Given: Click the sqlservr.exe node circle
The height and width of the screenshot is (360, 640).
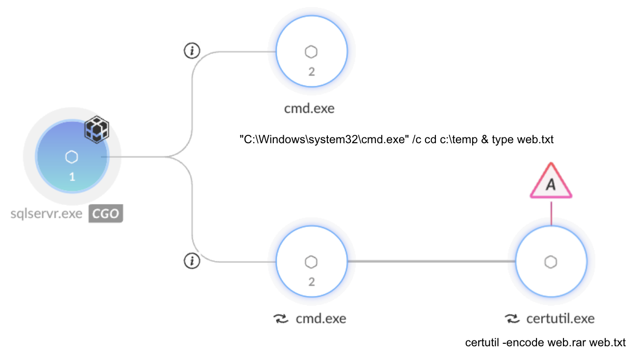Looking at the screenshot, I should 72,156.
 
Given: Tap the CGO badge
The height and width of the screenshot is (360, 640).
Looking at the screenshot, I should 106,214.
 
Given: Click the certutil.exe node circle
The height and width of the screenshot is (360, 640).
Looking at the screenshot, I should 551,262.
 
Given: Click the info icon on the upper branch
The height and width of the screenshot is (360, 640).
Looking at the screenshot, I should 192,51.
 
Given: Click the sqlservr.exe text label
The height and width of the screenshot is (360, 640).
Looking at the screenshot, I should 47,214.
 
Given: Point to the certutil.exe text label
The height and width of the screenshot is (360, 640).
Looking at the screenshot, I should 560,319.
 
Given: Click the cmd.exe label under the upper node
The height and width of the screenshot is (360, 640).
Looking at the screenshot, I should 309,108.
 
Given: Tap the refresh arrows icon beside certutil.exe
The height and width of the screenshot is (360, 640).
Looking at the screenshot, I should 512,319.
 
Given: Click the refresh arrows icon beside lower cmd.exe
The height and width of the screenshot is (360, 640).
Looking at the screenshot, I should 280,319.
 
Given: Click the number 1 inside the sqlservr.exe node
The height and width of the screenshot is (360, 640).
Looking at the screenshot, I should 72,177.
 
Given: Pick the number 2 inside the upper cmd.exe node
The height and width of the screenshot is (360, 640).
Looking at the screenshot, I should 311,72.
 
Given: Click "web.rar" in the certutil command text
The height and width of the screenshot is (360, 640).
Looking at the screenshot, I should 569,342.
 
